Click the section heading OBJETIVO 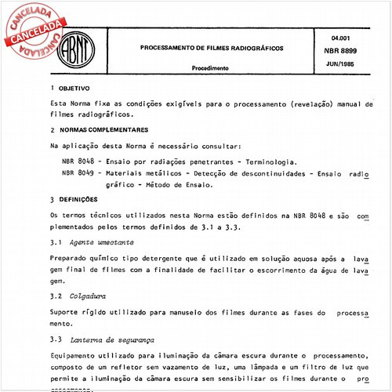75,89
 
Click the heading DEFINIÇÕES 80,199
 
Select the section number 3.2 55,297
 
